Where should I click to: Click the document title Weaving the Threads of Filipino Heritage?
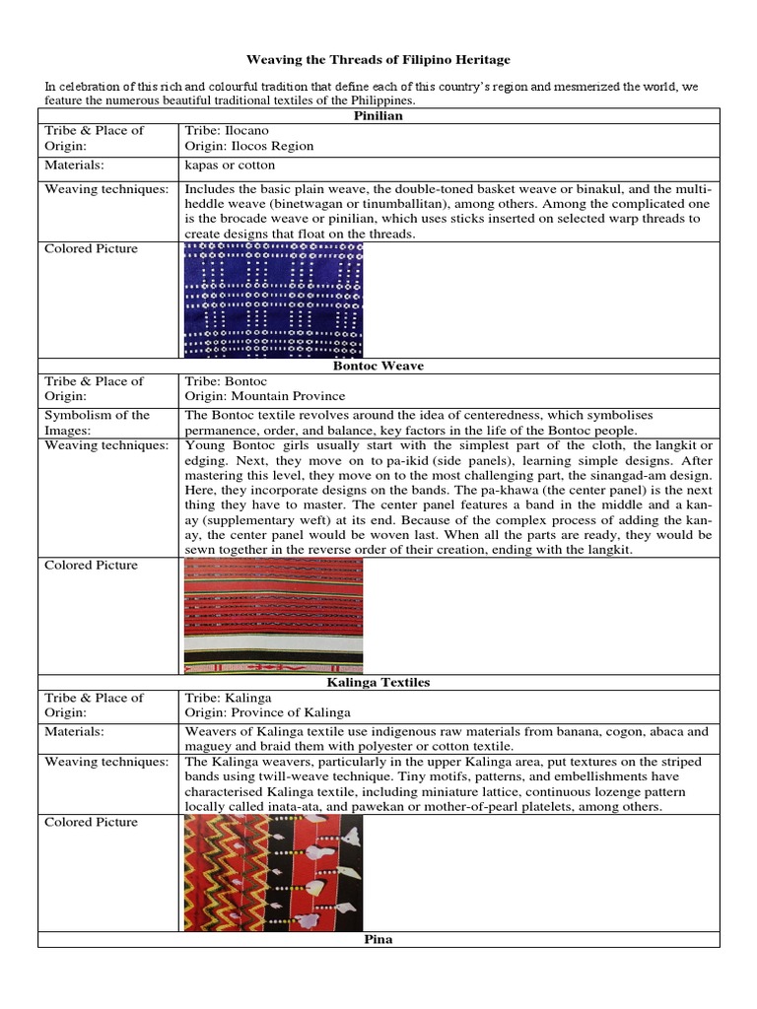pyautogui.click(x=378, y=61)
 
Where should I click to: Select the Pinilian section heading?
pyautogui.click(x=378, y=115)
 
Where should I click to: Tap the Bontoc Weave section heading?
pyautogui.click(x=378, y=366)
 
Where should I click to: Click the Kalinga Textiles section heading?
pyautogui.click(x=378, y=682)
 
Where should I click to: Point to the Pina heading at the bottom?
pyautogui.click(x=378, y=939)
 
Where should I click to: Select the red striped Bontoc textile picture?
pyautogui.click(x=273, y=615)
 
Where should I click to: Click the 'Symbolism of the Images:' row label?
pyautogui.click(x=97, y=422)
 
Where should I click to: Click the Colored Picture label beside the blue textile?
pyautogui.click(x=92, y=248)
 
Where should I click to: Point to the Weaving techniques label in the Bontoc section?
pyautogui.click(x=106, y=445)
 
